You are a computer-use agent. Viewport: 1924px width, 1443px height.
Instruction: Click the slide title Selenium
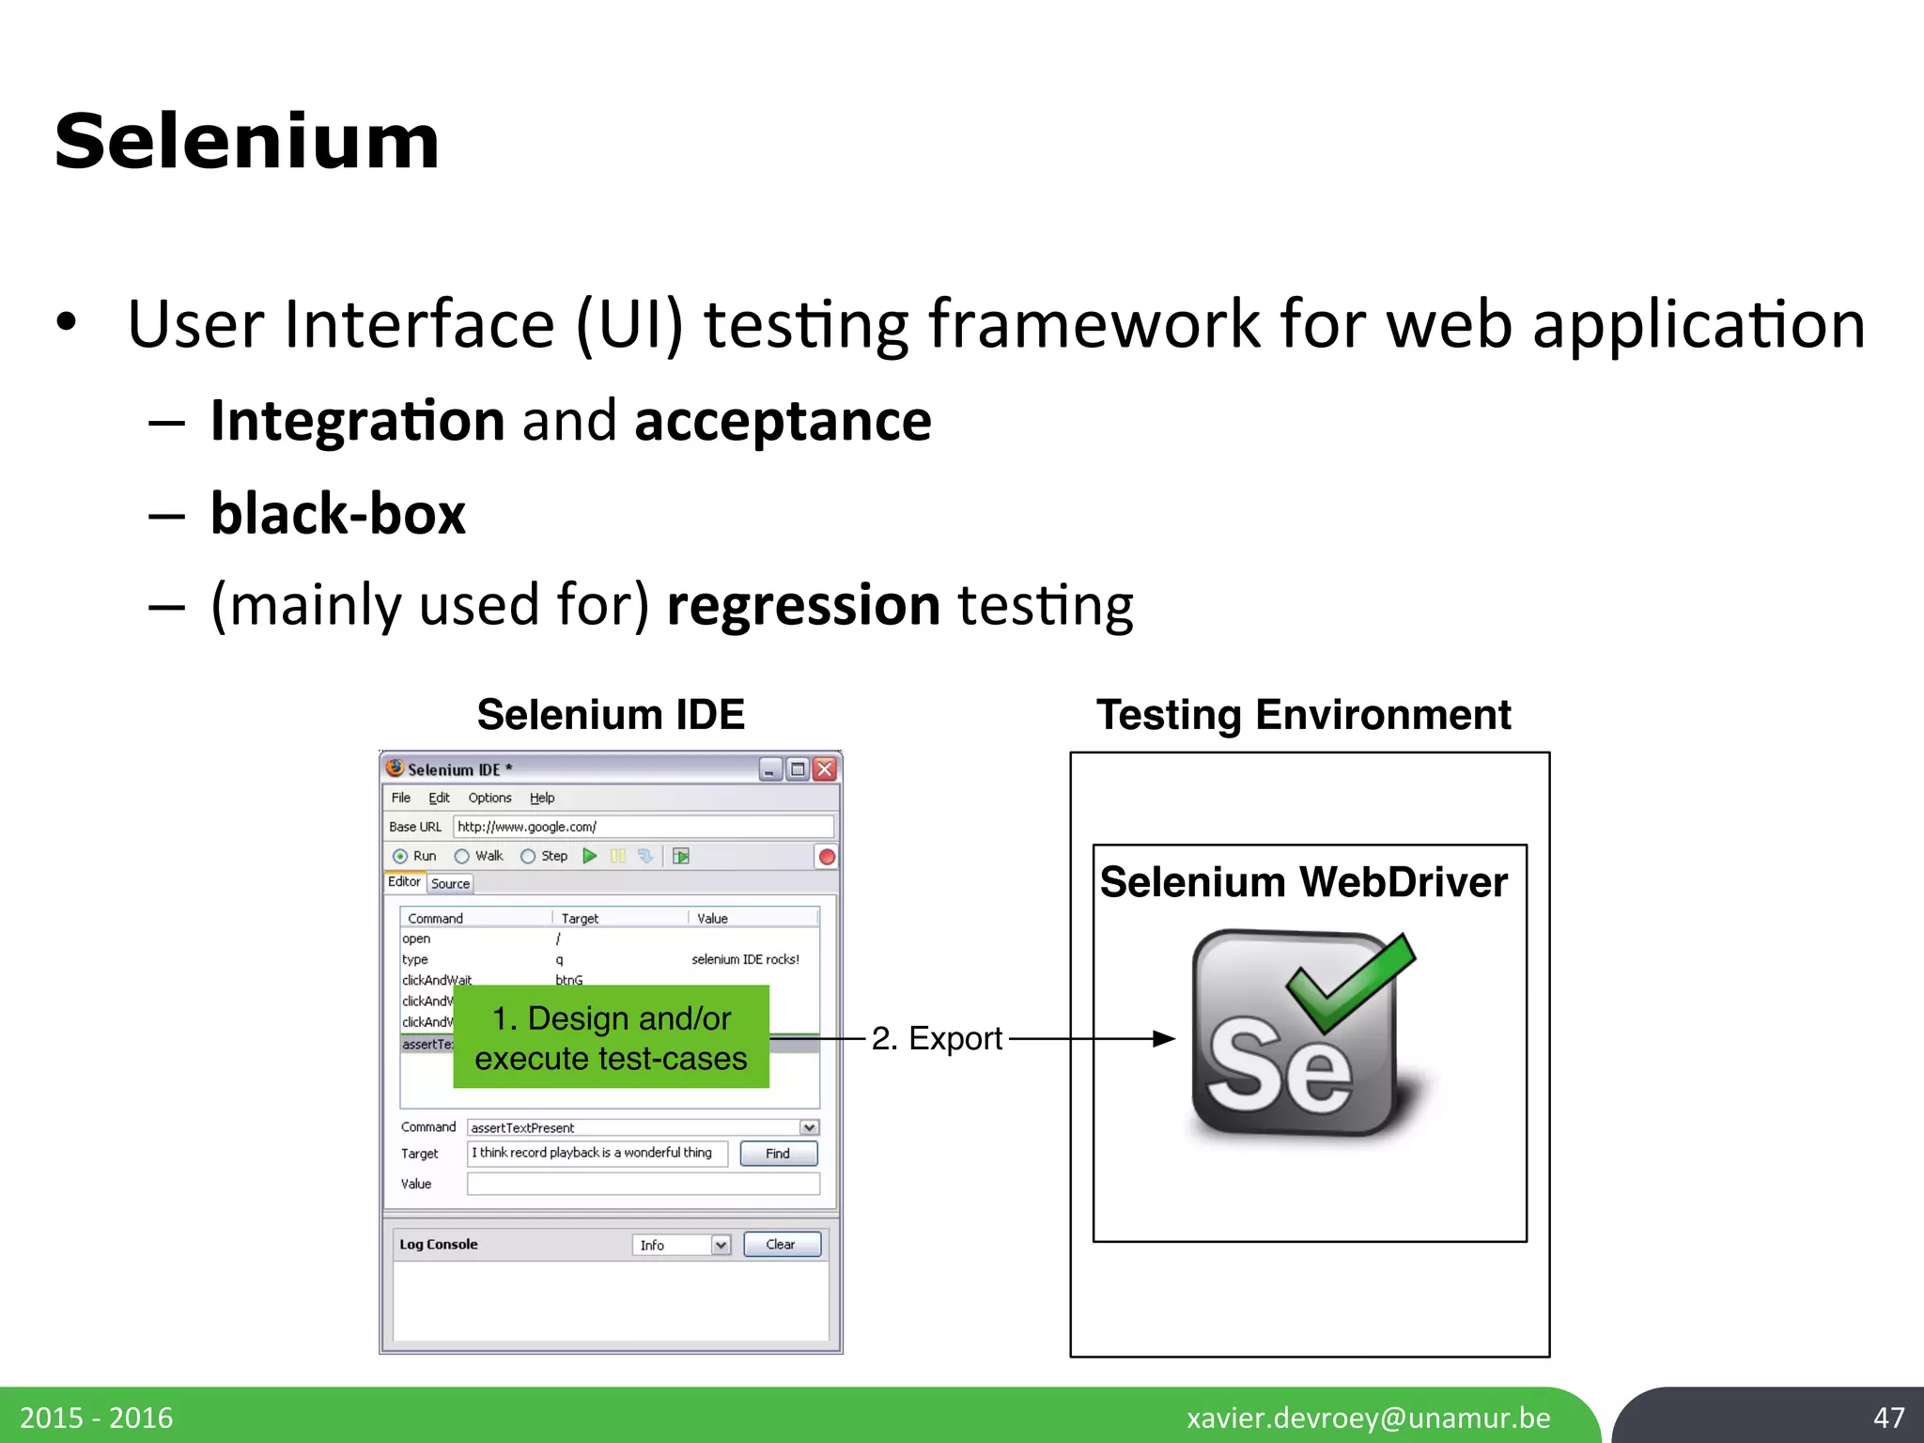(x=247, y=142)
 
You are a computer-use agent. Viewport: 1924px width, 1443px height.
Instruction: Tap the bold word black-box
(x=338, y=514)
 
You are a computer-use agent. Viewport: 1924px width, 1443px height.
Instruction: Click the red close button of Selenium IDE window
(x=825, y=769)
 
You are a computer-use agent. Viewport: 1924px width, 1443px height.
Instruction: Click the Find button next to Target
(x=778, y=1153)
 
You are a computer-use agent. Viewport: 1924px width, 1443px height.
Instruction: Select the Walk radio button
(x=462, y=856)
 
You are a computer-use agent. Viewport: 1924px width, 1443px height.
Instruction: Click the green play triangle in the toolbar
(x=590, y=856)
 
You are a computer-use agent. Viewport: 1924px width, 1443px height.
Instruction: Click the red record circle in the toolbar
(x=827, y=857)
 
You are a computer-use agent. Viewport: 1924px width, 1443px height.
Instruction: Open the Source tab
(x=450, y=883)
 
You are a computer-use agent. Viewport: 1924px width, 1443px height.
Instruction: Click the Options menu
(x=489, y=798)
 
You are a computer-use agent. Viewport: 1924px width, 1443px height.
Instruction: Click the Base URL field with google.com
(x=643, y=827)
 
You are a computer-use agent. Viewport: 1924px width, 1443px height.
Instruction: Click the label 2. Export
(x=937, y=1038)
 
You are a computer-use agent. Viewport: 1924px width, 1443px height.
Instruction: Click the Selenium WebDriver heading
(x=1303, y=882)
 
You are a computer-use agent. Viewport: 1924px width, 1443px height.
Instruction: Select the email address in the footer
(x=1368, y=1417)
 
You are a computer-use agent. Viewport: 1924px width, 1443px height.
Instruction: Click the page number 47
(x=1888, y=1417)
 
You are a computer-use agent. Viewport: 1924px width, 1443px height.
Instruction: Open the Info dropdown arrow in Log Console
(x=721, y=1245)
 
